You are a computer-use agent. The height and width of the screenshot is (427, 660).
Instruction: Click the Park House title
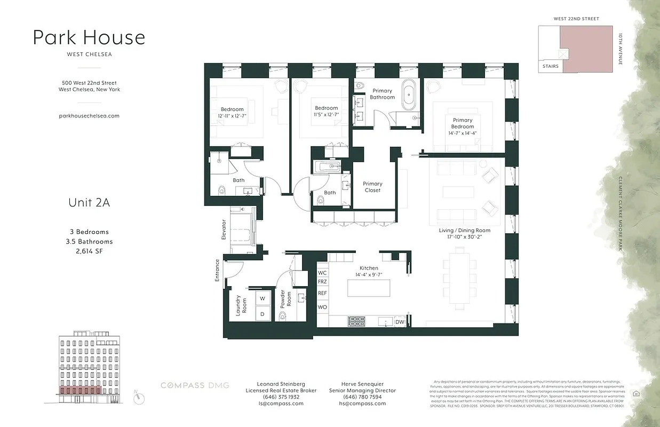click(89, 37)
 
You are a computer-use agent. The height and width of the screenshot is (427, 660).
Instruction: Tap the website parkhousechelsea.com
click(89, 115)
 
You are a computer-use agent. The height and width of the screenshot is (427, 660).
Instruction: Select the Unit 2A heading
click(89, 202)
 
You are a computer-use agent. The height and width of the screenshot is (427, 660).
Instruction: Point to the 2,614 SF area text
click(89, 251)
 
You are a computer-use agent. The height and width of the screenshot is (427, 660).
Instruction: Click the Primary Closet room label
click(372, 187)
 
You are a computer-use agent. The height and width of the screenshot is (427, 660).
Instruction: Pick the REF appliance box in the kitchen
click(322, 293)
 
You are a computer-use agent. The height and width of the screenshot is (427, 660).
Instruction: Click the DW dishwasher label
click(400, 322)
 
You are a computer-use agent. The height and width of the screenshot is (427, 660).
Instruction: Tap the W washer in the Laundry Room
click(262, 299)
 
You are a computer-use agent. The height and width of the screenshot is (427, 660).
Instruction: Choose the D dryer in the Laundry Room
click(262, 314)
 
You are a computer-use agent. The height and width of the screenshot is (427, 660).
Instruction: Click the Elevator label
click(224, 230)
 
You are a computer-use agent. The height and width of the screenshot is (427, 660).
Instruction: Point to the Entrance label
click(217, 270)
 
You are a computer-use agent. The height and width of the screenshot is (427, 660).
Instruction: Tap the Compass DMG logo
click(195, 385)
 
